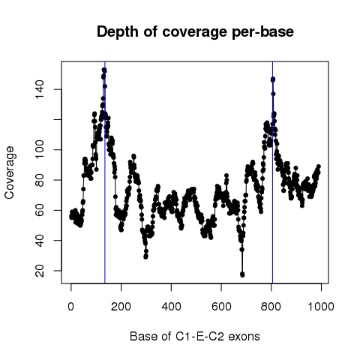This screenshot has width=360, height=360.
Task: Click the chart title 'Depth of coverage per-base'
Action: [x=195, y=32]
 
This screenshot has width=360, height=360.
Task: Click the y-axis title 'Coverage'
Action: [x=10, y=172]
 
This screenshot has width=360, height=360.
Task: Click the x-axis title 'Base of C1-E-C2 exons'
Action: [x=195, y=337]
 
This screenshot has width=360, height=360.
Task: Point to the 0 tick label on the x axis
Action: [x=71, y=307]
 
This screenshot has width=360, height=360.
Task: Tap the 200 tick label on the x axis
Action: [x=121, y=307]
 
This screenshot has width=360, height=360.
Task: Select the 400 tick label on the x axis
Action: [x=171, y=307]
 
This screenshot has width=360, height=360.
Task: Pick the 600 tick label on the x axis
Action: [x=221, y=307]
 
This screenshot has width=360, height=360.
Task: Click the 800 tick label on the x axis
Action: [x=271, y=307]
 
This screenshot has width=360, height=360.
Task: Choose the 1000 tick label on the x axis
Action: [x=321, y=307]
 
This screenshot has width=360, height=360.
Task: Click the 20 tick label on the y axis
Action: [x=40, y=271]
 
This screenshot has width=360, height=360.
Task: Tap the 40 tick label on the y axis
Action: [x=40, y=241]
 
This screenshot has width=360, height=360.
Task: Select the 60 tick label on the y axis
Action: [x=40, y=210]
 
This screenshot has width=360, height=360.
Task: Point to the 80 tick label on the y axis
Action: [x=40, y=180]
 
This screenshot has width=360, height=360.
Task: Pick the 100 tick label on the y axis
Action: [x=40, y=149]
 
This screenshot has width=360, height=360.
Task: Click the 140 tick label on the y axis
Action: [x=40, y=89]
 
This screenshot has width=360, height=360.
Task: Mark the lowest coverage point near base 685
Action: [x=242, y=274]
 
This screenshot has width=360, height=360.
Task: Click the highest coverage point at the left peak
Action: [x=104, y=70]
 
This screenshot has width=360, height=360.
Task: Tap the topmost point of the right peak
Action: [x=273, y=79]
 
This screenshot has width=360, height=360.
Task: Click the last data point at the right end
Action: [x=319, y=166]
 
